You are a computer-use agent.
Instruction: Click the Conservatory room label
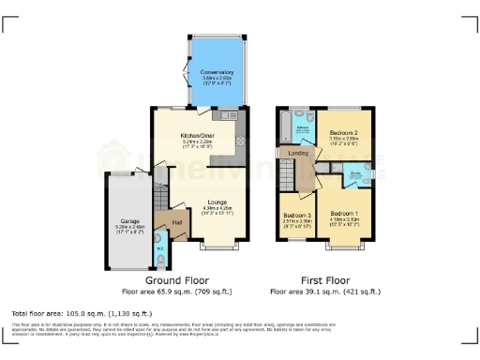216,72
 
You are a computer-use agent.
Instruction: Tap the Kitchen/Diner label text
199,136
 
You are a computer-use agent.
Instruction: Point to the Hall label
176,222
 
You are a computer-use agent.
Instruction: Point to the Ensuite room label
356,172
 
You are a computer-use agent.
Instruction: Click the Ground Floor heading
176,280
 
